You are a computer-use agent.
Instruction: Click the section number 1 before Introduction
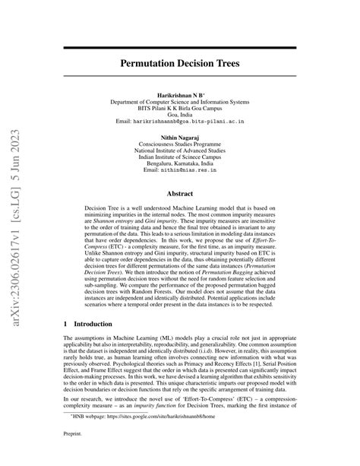65,323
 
